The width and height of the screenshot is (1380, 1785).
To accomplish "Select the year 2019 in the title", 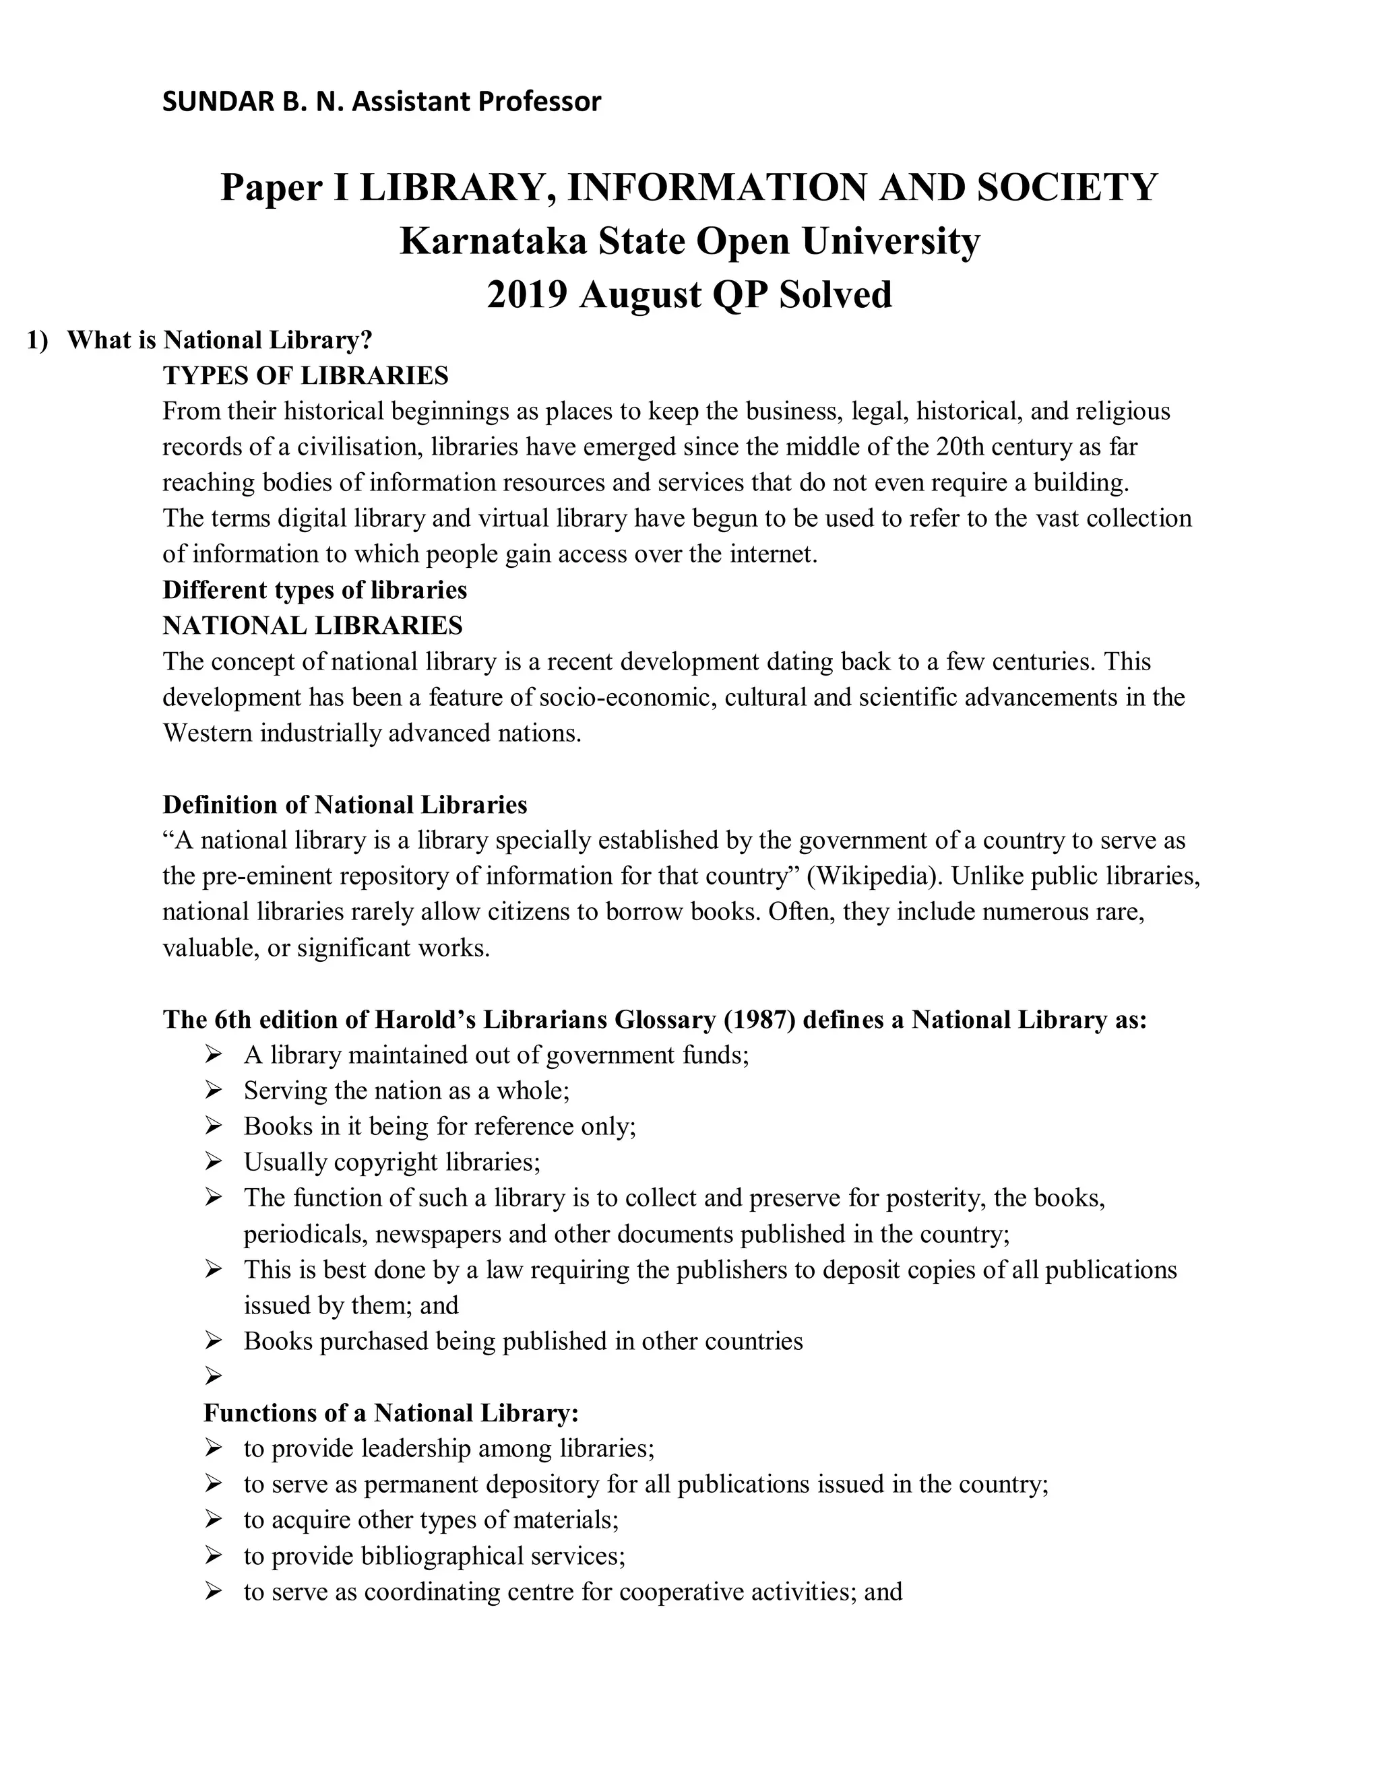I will (526, 295).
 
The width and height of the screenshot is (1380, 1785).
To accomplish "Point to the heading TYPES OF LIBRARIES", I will (306, 376).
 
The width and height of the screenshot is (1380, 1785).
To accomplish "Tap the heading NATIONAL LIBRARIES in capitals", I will (312, 626).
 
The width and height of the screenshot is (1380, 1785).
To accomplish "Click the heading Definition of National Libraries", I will (344, 805).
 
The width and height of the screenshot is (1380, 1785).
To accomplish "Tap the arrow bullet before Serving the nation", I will (214, 1091).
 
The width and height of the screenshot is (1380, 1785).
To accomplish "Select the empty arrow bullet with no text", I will (214, 1377).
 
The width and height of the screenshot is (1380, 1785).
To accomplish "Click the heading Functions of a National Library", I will (391, 1413).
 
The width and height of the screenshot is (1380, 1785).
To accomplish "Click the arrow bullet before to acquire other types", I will (214, 1520).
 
